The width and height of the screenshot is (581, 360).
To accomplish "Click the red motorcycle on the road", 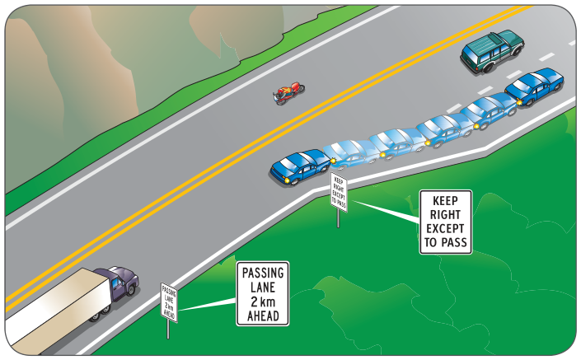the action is point(288,92).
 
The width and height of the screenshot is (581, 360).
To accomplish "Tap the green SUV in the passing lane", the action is point(492,51).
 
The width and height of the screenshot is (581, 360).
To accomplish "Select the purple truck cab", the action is point(118,283).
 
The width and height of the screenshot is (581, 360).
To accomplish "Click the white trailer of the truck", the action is point(55,311).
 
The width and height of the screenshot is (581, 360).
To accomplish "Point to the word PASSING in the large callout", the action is point(263,273).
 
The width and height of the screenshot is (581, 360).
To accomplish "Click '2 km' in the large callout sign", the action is point(263,302).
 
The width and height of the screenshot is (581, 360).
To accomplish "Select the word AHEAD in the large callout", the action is point(263,316).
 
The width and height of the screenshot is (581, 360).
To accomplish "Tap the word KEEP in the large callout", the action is point(445,201).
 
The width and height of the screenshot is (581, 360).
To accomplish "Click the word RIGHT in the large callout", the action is point(445,215).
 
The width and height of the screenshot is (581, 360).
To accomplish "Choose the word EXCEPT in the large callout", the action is point(445,228).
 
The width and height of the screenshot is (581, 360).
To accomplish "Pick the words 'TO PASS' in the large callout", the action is point(445,242).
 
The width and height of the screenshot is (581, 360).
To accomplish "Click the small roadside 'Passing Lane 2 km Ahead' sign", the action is point(169,302).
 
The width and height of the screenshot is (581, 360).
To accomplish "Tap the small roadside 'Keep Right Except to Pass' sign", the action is point(339,192).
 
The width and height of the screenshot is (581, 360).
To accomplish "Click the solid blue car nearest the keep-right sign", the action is point(300,166).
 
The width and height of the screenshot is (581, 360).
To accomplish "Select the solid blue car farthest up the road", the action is point(534,87).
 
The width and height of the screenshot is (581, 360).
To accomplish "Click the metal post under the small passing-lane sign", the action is point(168,330).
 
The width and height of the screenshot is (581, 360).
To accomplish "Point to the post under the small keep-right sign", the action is point(338,219).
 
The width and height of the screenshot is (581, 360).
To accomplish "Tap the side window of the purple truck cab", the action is point(116,283).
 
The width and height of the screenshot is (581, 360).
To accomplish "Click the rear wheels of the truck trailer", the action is point(100,313).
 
